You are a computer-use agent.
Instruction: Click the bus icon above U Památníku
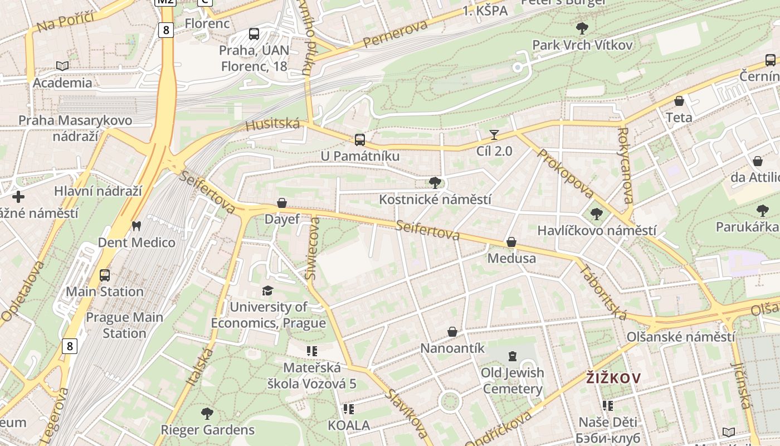[x=360, y=139]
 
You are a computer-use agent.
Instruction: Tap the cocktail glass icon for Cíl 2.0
[x=494, y=134]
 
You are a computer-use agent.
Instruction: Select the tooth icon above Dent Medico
[x=135, y=226]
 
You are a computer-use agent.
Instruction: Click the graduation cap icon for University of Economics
[x=268, y=290]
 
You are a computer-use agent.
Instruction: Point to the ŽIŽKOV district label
[x=613, y=378]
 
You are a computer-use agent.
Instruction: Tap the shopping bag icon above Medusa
[x=511, y=242]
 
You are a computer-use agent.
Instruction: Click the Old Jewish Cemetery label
[x=513, y=381]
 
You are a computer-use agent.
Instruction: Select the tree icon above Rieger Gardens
[x=207, y=413]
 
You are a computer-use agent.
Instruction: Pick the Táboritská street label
[x=603, y=292]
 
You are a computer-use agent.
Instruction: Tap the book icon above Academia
[x=62, y=66]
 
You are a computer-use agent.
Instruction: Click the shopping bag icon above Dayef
[x=282, y=203]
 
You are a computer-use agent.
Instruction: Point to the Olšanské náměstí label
[x=681, y=337]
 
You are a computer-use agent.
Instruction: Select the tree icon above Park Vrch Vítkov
[x=582, y=28]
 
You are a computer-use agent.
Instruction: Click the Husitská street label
[x=272, y=124]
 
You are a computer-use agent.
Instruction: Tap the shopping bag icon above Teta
[x=679, y=101]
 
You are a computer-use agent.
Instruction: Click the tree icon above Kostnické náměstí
[x=435, y=182]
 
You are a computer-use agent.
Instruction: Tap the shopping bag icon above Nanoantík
[x=452, y=332]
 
